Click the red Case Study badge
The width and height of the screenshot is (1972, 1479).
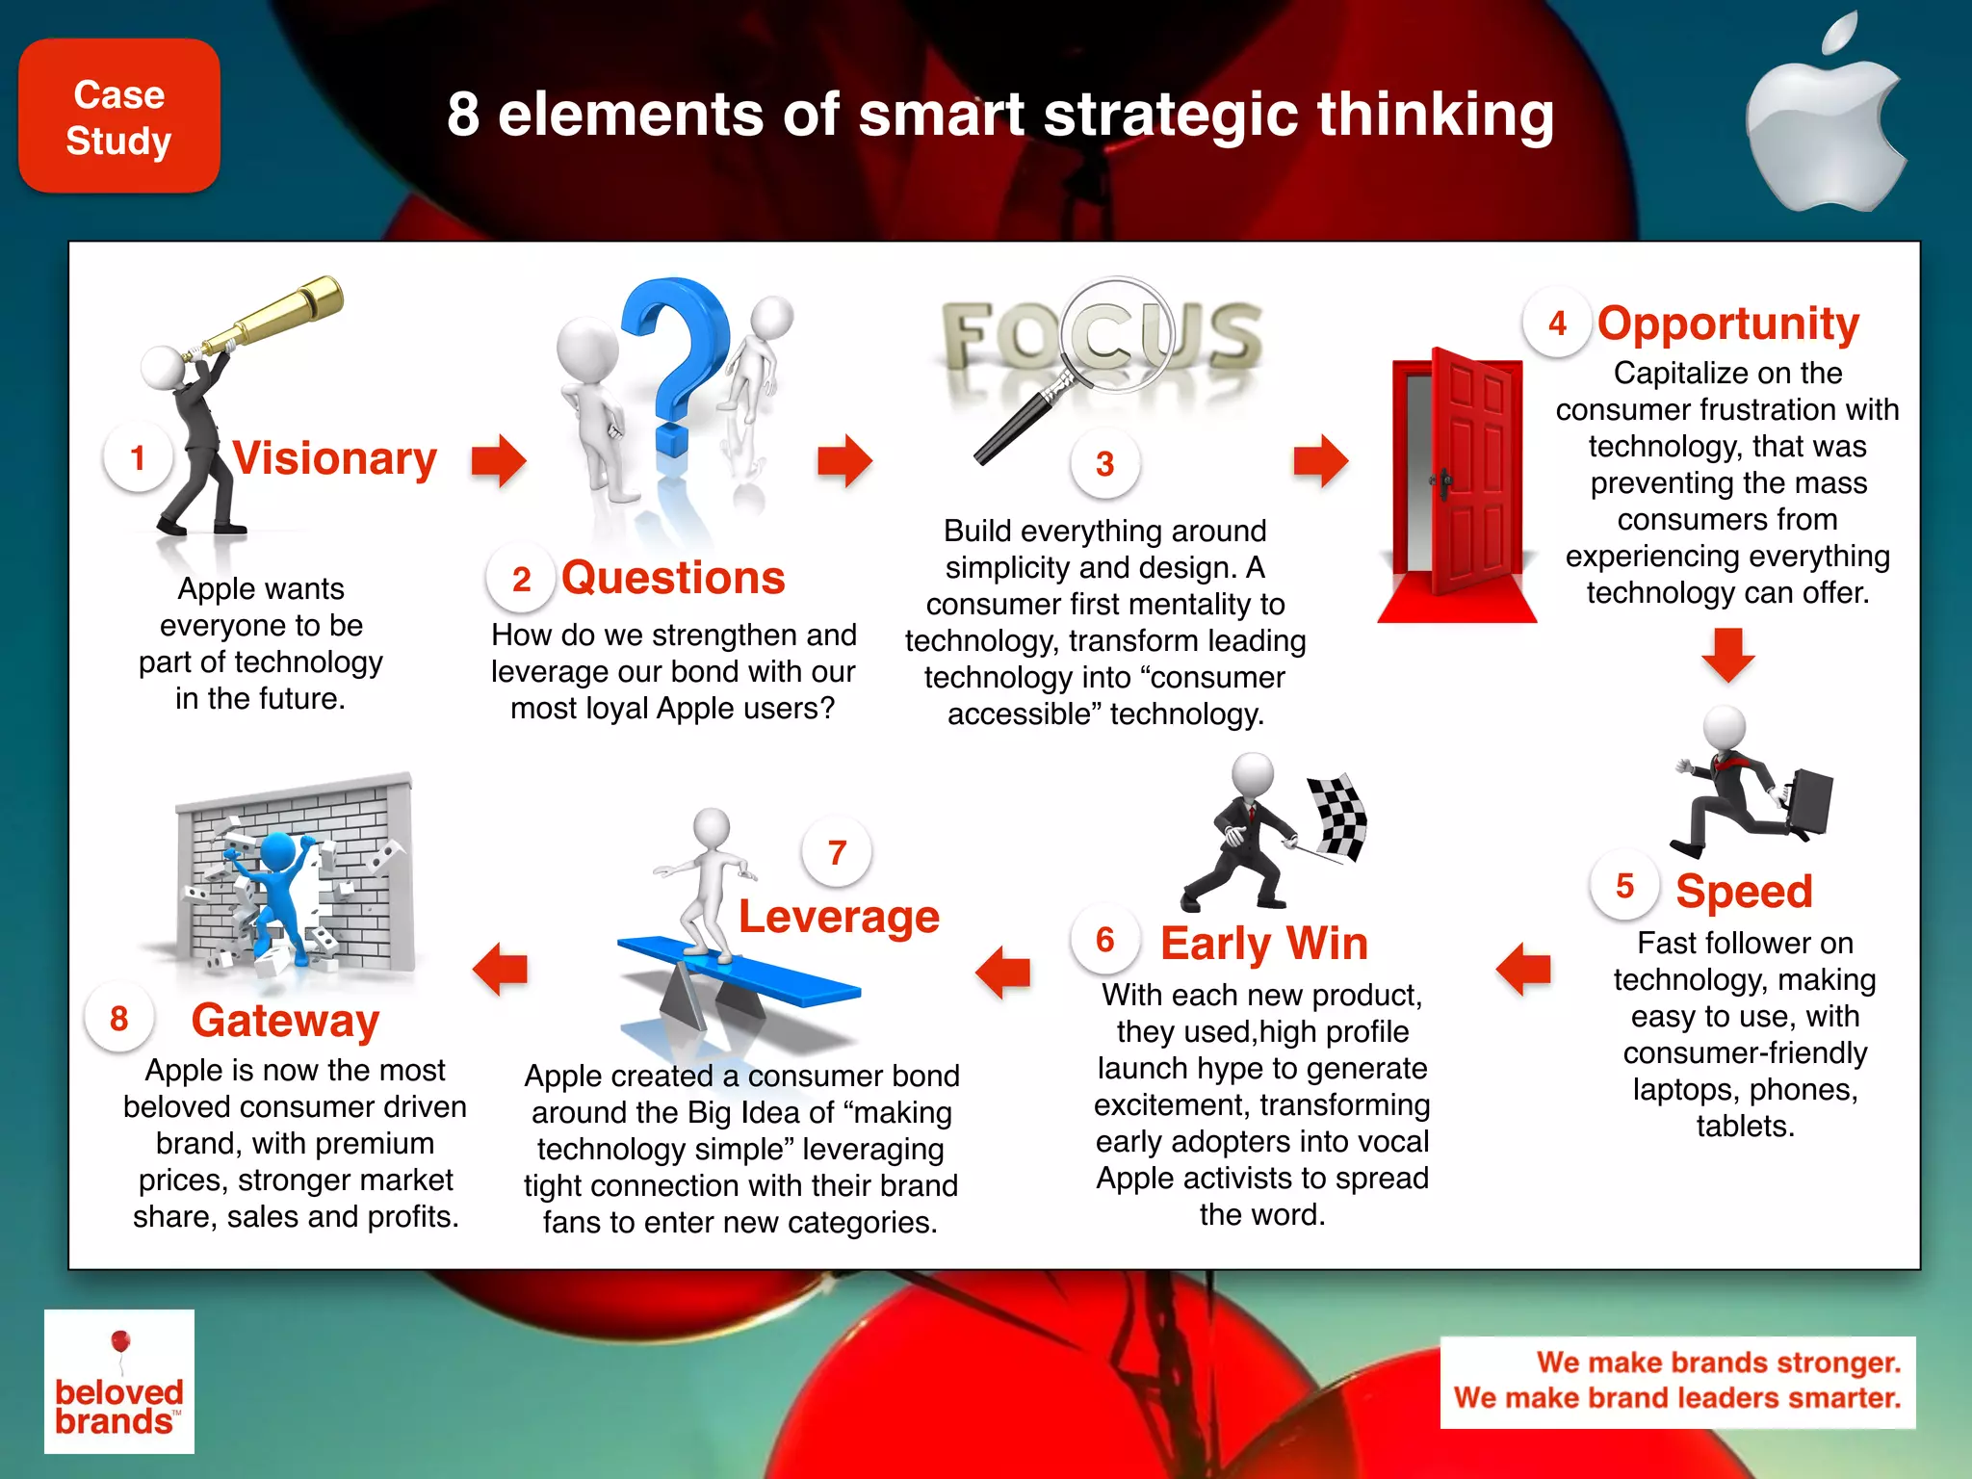tap(119, 117)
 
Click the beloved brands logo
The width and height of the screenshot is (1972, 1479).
tap(119, 1381)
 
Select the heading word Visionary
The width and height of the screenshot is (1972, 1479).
tap(335, 458)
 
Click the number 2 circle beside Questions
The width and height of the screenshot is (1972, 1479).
tap(521, 579)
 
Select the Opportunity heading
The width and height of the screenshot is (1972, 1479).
tap(1728, 324)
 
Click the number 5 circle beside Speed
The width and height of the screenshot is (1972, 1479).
tap(1624, 886)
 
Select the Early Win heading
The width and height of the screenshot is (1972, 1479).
tap(1263, 944)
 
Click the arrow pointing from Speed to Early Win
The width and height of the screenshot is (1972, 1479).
tap(1523, 969)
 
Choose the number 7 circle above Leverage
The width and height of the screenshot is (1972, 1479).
tap(837, 852)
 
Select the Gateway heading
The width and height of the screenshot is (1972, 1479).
tap(285, 1021)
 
